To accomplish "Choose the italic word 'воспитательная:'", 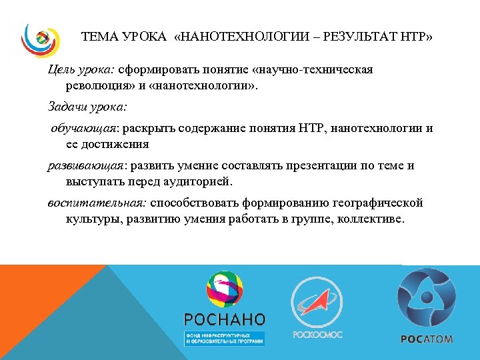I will (96, 203).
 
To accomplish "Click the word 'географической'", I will (375, 203).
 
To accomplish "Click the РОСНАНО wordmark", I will (225, 319).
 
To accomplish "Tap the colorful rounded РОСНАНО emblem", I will (225, 289).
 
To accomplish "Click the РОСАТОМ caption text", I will (427, 339).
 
